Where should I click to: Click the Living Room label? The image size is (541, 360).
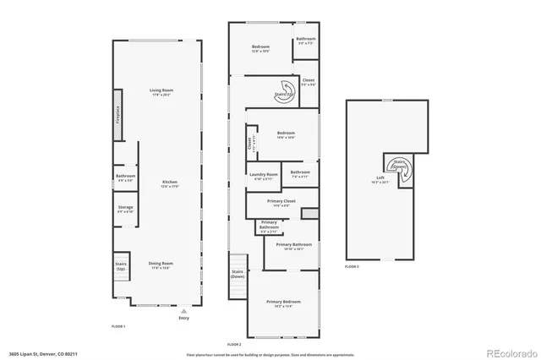pos(161,93)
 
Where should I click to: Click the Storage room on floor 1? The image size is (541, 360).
pos(125,208)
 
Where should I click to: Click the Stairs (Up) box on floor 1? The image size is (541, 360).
pos(121,266)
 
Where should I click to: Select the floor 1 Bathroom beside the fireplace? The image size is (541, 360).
pos(125,177)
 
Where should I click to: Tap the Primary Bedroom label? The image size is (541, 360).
pos(283,303)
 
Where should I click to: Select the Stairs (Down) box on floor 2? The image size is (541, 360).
pos(238,275)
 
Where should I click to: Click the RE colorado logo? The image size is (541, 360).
pos(507,352)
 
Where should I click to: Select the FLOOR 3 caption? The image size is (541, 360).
pos(352,267)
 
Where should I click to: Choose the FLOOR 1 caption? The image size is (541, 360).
pos(118,326)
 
